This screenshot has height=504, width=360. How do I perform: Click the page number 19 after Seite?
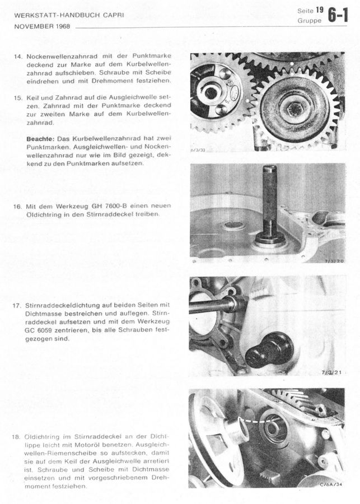click(x=319, y=10)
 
